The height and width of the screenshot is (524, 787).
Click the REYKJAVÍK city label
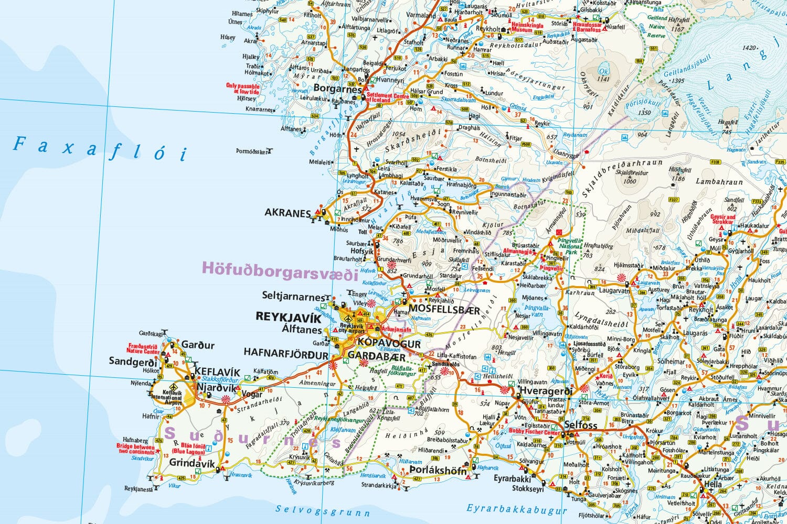[x=288, y=318]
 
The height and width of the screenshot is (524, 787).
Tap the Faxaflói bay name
[x=100, y=148]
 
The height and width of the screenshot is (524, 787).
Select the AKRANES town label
[x=288, y=213]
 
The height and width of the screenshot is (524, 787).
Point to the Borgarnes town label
[x=337, y=89]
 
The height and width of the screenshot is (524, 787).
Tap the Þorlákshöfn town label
[x=438, y=471]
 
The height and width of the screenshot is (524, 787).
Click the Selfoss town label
[x=581, y=425]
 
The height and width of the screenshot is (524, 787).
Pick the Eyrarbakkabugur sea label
[x=517, y=509]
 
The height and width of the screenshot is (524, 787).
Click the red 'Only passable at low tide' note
[x=242, y=89]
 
